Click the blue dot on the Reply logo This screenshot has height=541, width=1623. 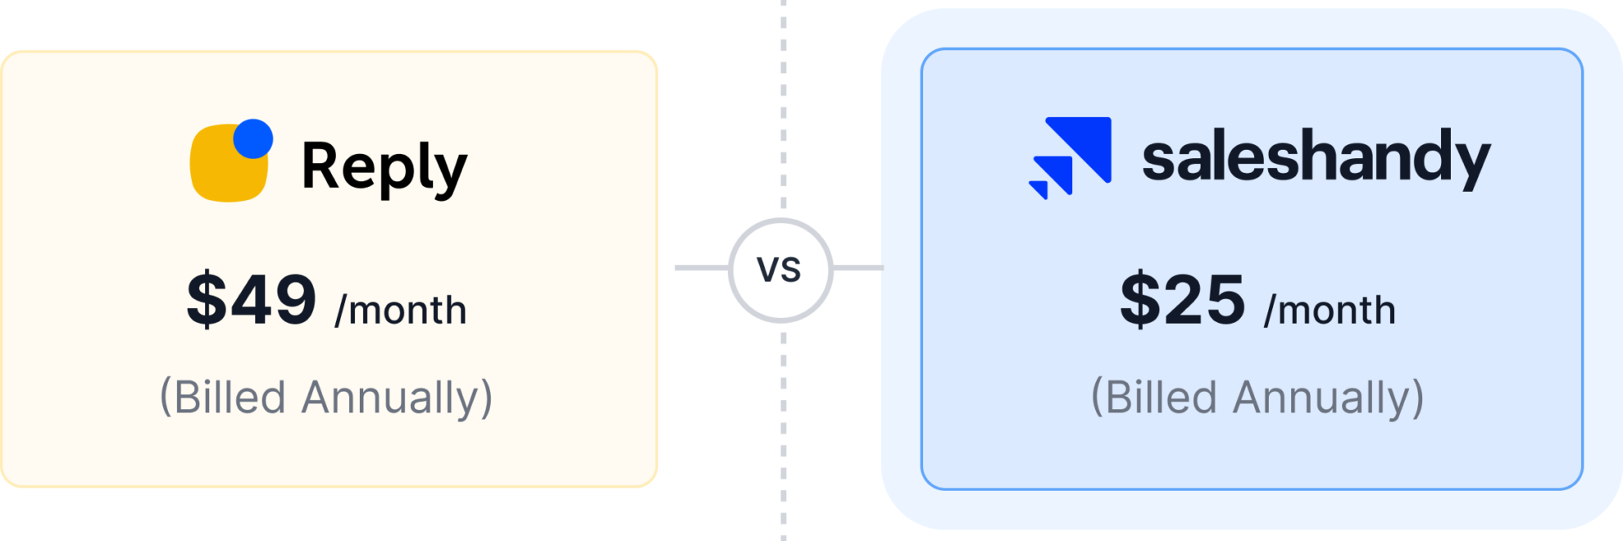click(x=252, y=139)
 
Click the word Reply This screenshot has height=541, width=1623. click(x=384, y=167)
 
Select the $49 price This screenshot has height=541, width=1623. click(x=251, y=299)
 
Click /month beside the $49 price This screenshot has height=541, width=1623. click(x=401, y=311)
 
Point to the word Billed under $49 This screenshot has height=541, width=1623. click(x=219, y=398)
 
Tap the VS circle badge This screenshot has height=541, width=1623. click(x=780, y=270)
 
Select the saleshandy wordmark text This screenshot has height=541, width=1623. click(x=1316, y=157)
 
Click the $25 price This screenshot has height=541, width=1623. click(x=1182, y=299)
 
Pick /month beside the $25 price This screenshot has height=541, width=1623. click(x=1330, y=311)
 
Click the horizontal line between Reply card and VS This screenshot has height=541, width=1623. click(x=701, y=268)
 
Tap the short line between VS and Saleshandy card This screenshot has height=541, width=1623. click(x=857, y=268)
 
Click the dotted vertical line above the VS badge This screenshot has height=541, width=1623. click(x=784, y=107)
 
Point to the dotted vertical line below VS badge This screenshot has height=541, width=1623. click(x=784, y=434)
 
